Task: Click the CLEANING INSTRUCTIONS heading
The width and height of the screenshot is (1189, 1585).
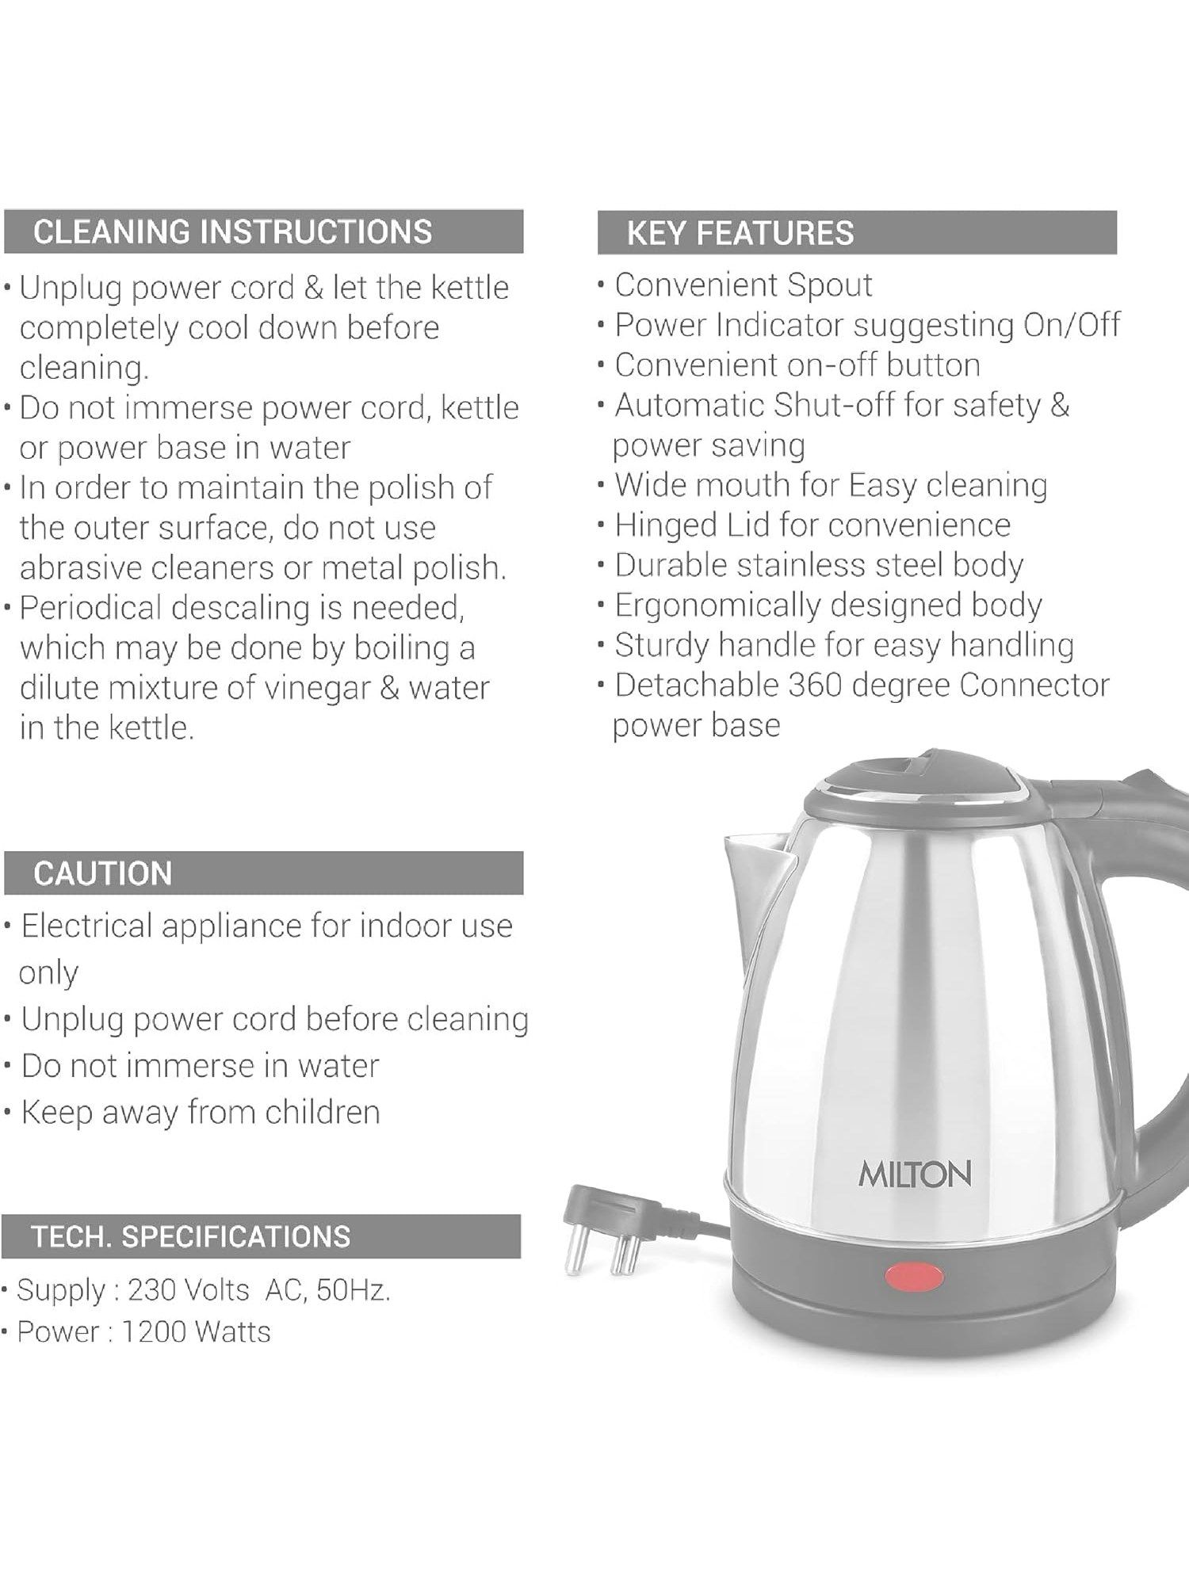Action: tap(232, 232)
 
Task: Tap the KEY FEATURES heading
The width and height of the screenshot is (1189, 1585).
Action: tap(740, 233)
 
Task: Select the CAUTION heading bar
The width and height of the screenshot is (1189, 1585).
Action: tap(103, 873)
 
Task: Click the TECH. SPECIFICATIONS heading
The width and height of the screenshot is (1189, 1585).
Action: tap(190, 1236)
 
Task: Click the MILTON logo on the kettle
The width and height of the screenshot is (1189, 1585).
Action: tap(915, 1174)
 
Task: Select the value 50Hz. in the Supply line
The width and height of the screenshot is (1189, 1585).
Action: tap(353, 1290)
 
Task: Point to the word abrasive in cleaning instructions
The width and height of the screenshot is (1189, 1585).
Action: tap(80, 568)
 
